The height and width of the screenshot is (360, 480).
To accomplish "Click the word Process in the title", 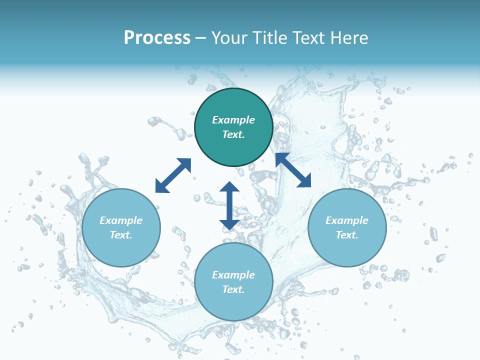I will (157, 38).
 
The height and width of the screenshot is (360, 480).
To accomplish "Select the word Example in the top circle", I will (233, 120).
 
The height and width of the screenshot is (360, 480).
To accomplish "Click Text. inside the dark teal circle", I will (233, 134).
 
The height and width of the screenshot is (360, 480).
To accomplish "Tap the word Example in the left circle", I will (121, 220).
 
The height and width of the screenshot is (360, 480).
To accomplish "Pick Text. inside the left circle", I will (121, 235).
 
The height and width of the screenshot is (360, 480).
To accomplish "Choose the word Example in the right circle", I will (347, 220).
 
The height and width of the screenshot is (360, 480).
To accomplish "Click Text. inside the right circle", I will (347, 235).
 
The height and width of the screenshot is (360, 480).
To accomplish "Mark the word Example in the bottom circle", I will (233, 275).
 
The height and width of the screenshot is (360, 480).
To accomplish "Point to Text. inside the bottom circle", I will (233, 289).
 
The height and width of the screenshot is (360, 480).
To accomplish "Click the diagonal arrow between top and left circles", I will (173, 175).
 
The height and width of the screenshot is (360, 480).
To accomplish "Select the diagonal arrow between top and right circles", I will (293, 170).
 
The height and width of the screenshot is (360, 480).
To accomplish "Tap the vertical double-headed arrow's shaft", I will (229, 205).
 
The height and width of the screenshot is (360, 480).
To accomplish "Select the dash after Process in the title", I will (200, 38).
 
